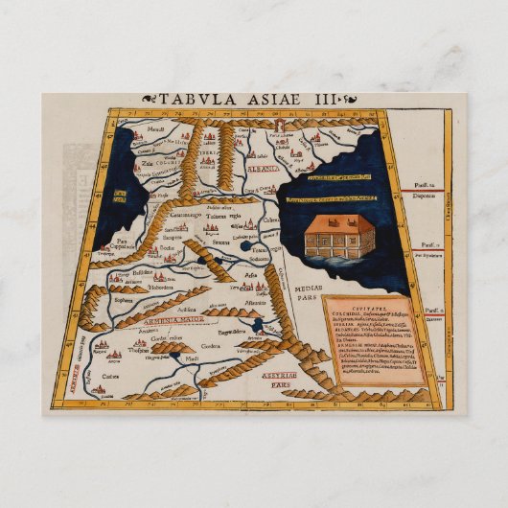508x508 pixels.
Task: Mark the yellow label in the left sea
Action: point(119,197)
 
